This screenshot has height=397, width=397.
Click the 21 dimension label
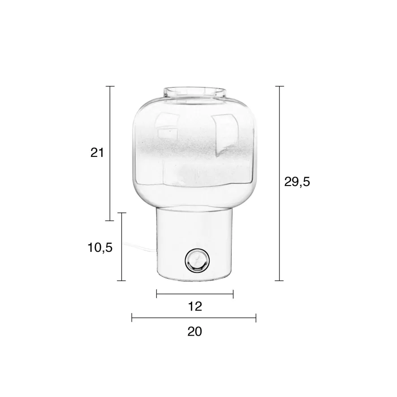coord(97,153)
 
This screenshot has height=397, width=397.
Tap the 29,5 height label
coord(297,181)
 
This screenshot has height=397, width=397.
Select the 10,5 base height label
coord(100,247)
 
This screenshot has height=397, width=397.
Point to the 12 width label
coord(195,306)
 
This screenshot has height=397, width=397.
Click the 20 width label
coord(195,331)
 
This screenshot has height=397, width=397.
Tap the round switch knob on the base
coord(197,260)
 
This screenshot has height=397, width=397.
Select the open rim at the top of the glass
coord(194,92)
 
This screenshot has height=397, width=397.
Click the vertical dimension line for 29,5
coord(279,183)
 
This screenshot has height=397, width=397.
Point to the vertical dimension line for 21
coord(110,153)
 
